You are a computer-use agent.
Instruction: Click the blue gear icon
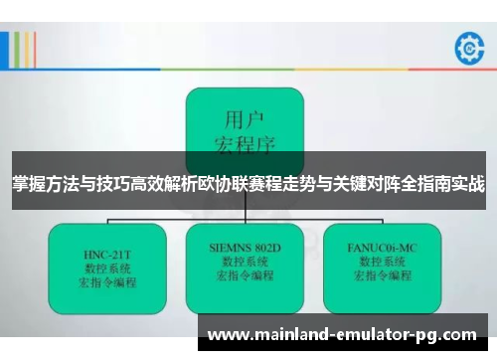pyautogui.click(x=466, y=47)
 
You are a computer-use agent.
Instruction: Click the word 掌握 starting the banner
pyautogui.click(x=28, y=184)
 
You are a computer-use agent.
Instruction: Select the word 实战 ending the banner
pyautogui.click(x=468, y=184)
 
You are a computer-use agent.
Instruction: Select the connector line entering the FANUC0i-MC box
pyautogui.click(x=379, y=216)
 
